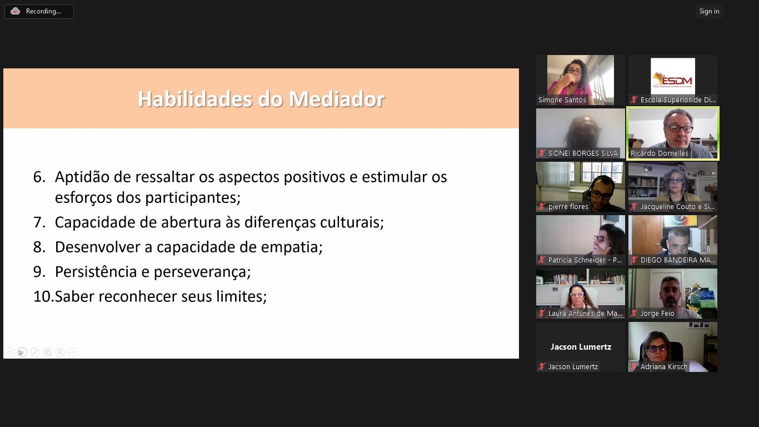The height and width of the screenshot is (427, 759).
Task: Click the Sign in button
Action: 709,11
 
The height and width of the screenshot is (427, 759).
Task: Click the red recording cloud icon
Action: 15,11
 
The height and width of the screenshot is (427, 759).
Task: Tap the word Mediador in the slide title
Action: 337,99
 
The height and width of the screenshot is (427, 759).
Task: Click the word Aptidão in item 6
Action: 82,177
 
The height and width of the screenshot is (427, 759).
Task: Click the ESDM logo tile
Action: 672,76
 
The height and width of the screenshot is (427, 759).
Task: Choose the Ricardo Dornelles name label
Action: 660,153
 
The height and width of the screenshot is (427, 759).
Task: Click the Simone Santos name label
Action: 562,100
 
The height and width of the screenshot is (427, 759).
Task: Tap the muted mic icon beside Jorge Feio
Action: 634,314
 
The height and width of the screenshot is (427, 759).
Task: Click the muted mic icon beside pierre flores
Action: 542,206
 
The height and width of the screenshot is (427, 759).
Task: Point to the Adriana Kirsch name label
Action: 664,366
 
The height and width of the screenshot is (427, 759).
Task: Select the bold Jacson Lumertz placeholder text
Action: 581,346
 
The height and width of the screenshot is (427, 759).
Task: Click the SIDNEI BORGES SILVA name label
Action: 583,153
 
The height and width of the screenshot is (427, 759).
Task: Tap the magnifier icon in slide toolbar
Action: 60,352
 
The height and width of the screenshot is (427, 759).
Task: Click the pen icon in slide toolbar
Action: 34,352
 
